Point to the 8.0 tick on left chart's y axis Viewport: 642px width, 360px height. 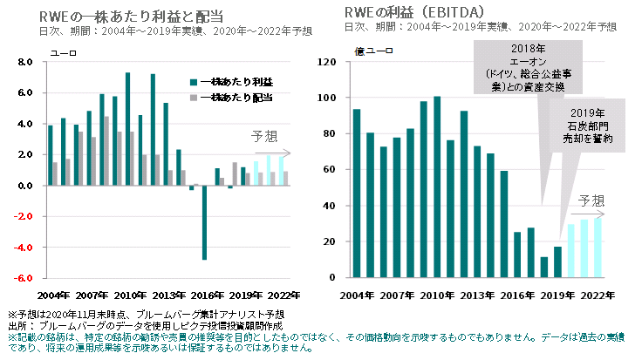pos(24,62)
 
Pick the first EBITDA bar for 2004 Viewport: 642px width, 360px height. pos(357,194)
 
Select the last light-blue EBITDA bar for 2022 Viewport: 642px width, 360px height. pos(598,248)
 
